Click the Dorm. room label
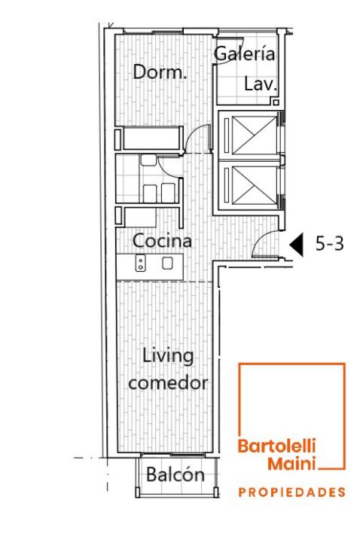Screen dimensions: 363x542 click(x=160, y=72)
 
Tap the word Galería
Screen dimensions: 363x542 click(x=245, y=53)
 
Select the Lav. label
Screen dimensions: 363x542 click(x=261, y=84)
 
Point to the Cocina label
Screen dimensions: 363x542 click(x=162, y=241)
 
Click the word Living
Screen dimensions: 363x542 click(x=168, y=356)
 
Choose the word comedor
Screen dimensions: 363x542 click(x=168, y=382)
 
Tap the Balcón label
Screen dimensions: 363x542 click(x=175, y=474)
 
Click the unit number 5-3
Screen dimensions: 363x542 click(x=329, y=244)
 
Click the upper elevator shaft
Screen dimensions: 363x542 click(x=255, y=135)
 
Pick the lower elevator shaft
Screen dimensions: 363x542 click(x=255, y=185)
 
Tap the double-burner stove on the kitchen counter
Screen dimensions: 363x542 click(x=140, y=263)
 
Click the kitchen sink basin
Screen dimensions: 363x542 click(x=168, y=263)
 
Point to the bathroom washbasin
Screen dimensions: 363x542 click(x=148, y=160)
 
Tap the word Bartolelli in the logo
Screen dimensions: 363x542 click(x=276, y=446)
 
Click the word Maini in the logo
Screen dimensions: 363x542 click(x=291, y=463)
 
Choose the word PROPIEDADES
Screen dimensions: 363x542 click(x=291, y=492)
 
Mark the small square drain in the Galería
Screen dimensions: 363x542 click(x=276, y=102)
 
